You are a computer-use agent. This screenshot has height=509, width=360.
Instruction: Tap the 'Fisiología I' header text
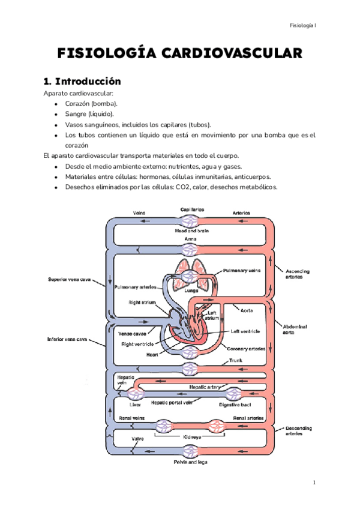pyautogui.click(x=304, y=25)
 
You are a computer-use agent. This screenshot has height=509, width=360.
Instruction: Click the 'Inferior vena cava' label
pyautogui.click(x=68, y=339)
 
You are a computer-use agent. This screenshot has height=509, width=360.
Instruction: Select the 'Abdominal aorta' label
pyautogui.click(x=295, y=330)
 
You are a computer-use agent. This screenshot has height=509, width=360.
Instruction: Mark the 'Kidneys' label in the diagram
pyautogui.click(x=191, y=437)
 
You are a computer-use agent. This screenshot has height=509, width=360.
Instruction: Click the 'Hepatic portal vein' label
pyautogui.click(x=172, y=404)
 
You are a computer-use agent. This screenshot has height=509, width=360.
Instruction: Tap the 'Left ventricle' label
pyautogui.click(x=246, y=331)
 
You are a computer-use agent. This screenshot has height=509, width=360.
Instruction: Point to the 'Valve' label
pyautogui.click(x=137, y=439)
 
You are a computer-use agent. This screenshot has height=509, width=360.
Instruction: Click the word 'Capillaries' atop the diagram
pyautogui.click(x=191, y=209)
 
